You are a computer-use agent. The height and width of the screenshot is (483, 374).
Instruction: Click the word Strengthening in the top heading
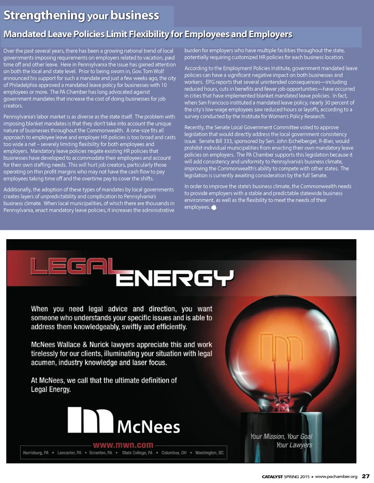(44, 15)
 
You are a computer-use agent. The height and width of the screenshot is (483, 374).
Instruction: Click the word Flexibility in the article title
(150, 34)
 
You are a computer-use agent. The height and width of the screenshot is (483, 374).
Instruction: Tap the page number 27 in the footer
(366, 476)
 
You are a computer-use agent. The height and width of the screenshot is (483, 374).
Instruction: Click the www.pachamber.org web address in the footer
(336, 476)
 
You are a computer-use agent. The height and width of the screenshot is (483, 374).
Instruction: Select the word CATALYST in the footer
(272, 476)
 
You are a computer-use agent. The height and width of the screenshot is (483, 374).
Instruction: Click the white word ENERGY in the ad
(175, 278)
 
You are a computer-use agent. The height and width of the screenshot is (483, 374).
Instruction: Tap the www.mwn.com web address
(123, 445)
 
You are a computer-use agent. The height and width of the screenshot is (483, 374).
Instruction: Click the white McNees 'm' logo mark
(90, 420)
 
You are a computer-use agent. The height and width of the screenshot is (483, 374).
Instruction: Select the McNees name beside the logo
(149, 426)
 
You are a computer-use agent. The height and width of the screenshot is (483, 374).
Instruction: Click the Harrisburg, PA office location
(35, 453)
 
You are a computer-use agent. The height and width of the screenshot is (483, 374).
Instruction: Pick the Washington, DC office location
(209, 453)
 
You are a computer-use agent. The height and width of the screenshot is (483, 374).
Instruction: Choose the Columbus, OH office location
(174, 453)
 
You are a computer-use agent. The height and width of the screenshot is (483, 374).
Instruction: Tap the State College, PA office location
(137, 453)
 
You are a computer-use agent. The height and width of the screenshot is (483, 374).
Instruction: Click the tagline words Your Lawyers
(294, 445)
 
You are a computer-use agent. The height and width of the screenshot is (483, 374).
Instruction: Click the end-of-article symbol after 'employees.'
(214, 207)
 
